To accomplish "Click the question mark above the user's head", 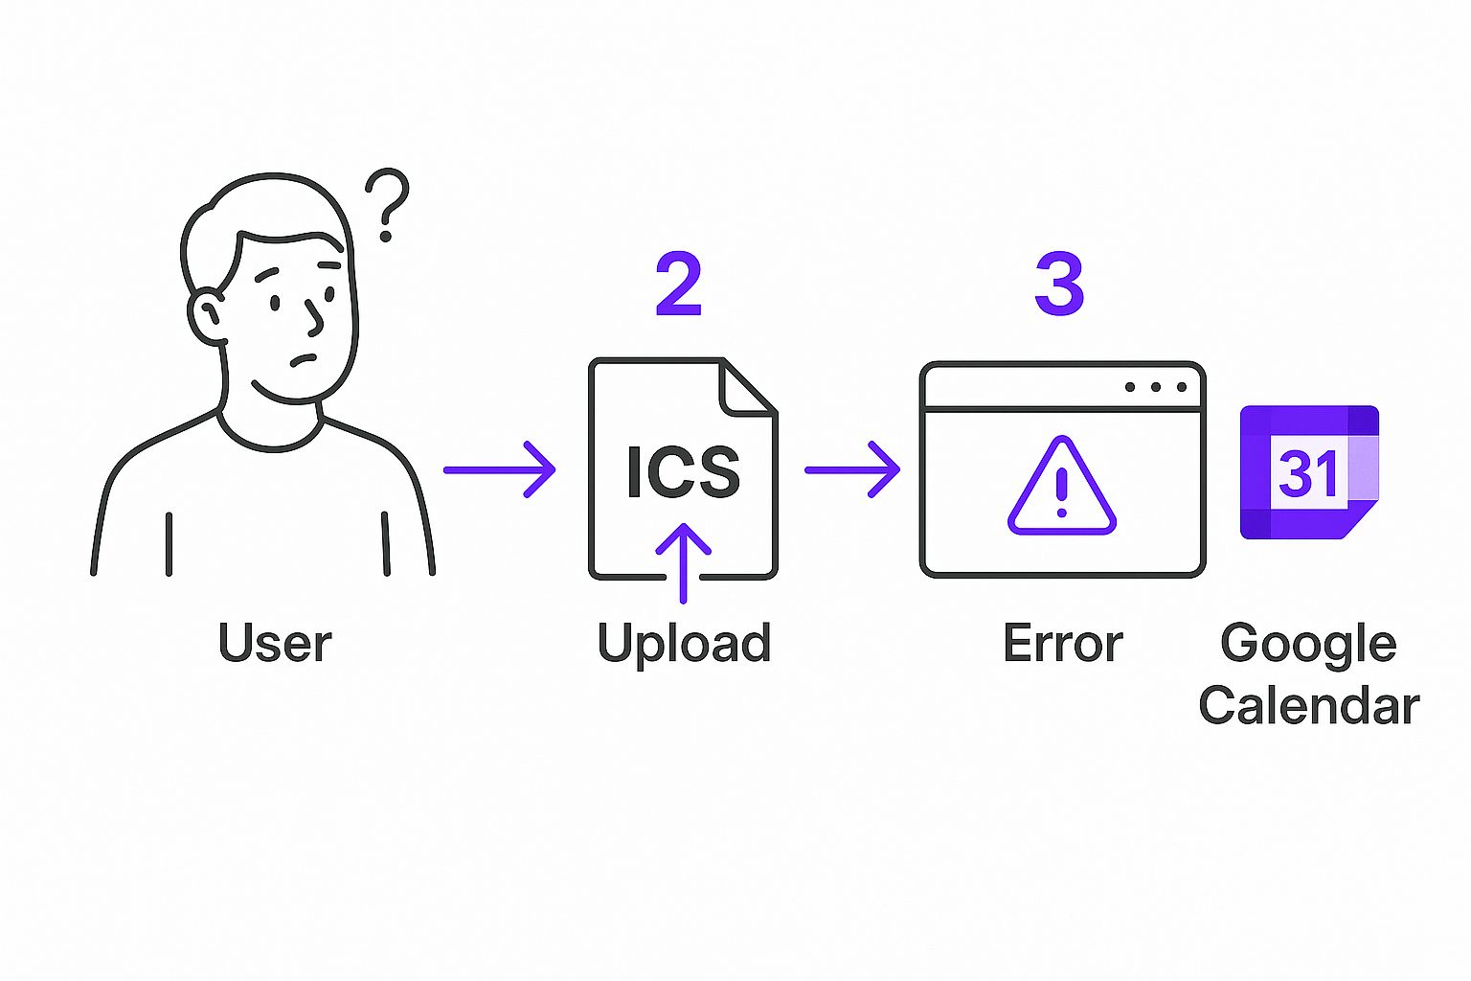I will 388,204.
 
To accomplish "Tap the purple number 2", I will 679,285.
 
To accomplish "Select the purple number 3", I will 1059,285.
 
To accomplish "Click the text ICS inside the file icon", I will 683,471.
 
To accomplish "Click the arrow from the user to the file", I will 499,469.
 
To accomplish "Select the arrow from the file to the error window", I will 851,469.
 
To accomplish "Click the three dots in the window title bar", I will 1156,387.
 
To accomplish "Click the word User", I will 275,643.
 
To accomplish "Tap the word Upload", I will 684,644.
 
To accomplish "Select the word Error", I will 1062,644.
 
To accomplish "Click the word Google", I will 1308,644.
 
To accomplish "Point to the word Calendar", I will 1308,706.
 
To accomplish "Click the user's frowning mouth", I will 304,361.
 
